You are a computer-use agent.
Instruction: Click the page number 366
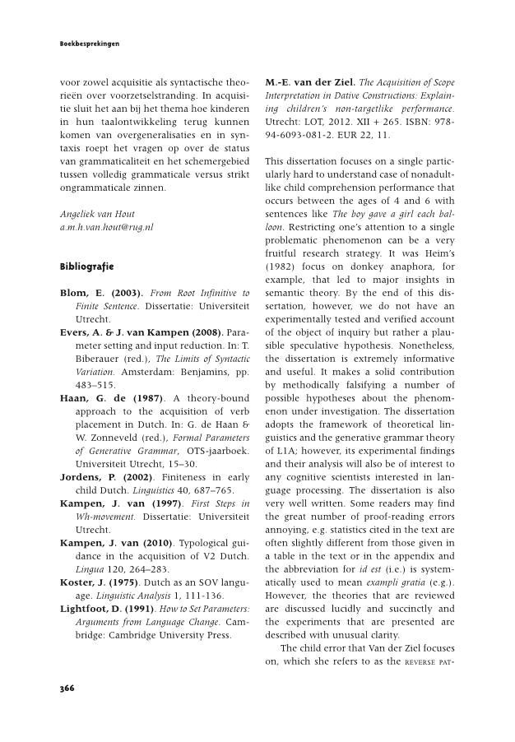click(67, 688)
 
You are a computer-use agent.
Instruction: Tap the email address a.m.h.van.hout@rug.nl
click(107, 226)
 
